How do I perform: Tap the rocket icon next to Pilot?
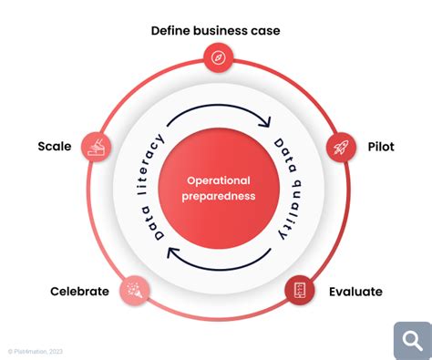(340, 145)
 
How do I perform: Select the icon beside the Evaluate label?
(298, 290)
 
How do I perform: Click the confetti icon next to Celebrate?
(133, 290)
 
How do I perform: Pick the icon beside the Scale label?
(96, 145)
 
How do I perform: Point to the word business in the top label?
(223, 31)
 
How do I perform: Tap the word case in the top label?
(266, 31)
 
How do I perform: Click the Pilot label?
(381, 146)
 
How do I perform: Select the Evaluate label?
(355, 292)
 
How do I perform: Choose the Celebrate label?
(79, 292)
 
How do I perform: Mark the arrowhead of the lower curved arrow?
(170, 254)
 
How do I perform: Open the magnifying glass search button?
(412, 340)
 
